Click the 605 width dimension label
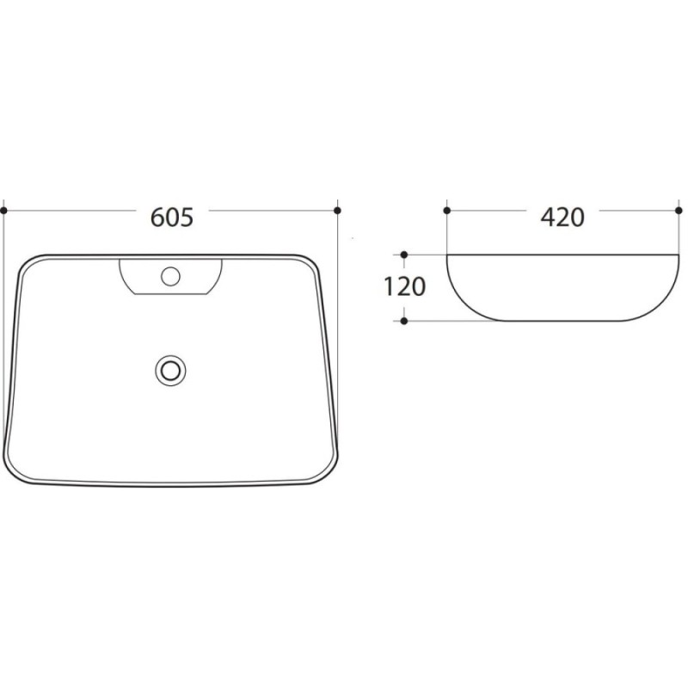(171, 218)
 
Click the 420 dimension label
(562, 218)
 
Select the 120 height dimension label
(404, 287)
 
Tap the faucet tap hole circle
(170, 276)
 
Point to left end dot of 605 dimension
(4, 211)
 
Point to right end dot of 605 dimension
(337, 211)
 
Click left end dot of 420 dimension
(447, 211)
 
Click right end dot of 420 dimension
(679, 211)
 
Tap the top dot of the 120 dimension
(404, 255)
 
